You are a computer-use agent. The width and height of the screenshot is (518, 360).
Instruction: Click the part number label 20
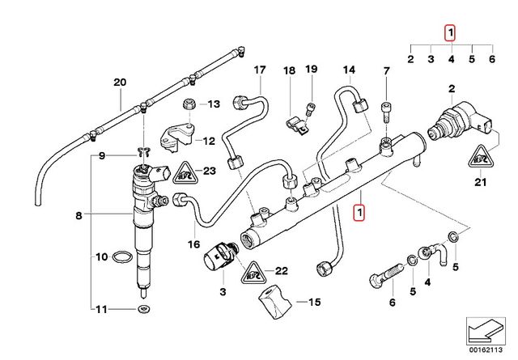[x=120, y=83]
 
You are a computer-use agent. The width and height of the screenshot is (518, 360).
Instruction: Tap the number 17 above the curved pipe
[x=259, y=70]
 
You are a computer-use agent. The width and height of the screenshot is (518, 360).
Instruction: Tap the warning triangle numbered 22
[x=257, y=271]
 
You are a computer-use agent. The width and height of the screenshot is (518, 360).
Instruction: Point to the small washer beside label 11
[x=142, y=310]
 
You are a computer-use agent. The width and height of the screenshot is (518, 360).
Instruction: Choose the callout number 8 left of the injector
[x=79, y=216]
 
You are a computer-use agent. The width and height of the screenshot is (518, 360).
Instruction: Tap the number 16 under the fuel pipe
[x=194, y=244]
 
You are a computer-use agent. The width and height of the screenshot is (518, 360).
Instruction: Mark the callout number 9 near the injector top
[x=103, y=155]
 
